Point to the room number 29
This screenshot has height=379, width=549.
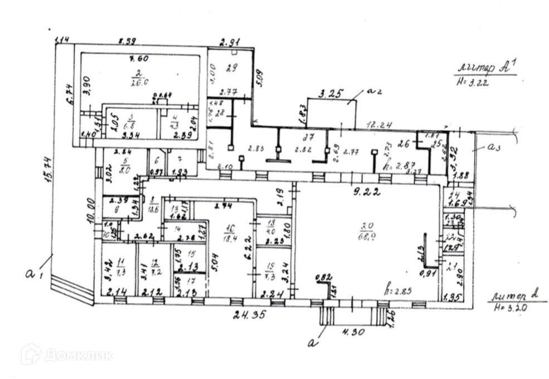tap(232, 67)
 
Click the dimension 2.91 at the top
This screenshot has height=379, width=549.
tap(230, 42)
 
